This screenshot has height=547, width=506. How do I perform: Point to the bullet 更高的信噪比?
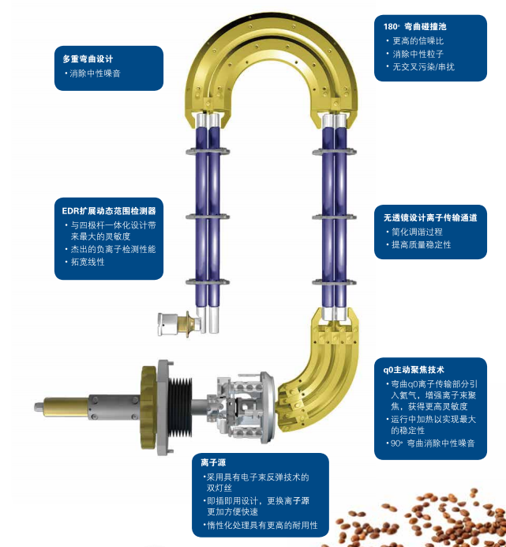click(422, 40)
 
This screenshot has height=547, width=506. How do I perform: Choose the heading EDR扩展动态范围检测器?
click(109, 211)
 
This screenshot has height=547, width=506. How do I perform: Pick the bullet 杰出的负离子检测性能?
click(112, 249)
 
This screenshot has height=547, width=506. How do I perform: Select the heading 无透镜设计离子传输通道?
click(430, 217)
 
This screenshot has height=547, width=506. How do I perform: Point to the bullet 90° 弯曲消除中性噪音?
click(436, 443)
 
